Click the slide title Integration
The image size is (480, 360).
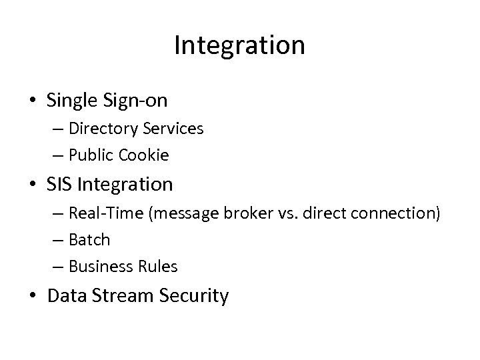239,45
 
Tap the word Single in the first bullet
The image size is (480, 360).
74,101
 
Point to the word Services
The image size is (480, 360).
175,129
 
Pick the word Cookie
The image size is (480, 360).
145,155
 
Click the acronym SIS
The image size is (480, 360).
58,183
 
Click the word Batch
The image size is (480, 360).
88,239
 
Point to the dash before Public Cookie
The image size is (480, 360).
57,155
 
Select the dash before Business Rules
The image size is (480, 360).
57,266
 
